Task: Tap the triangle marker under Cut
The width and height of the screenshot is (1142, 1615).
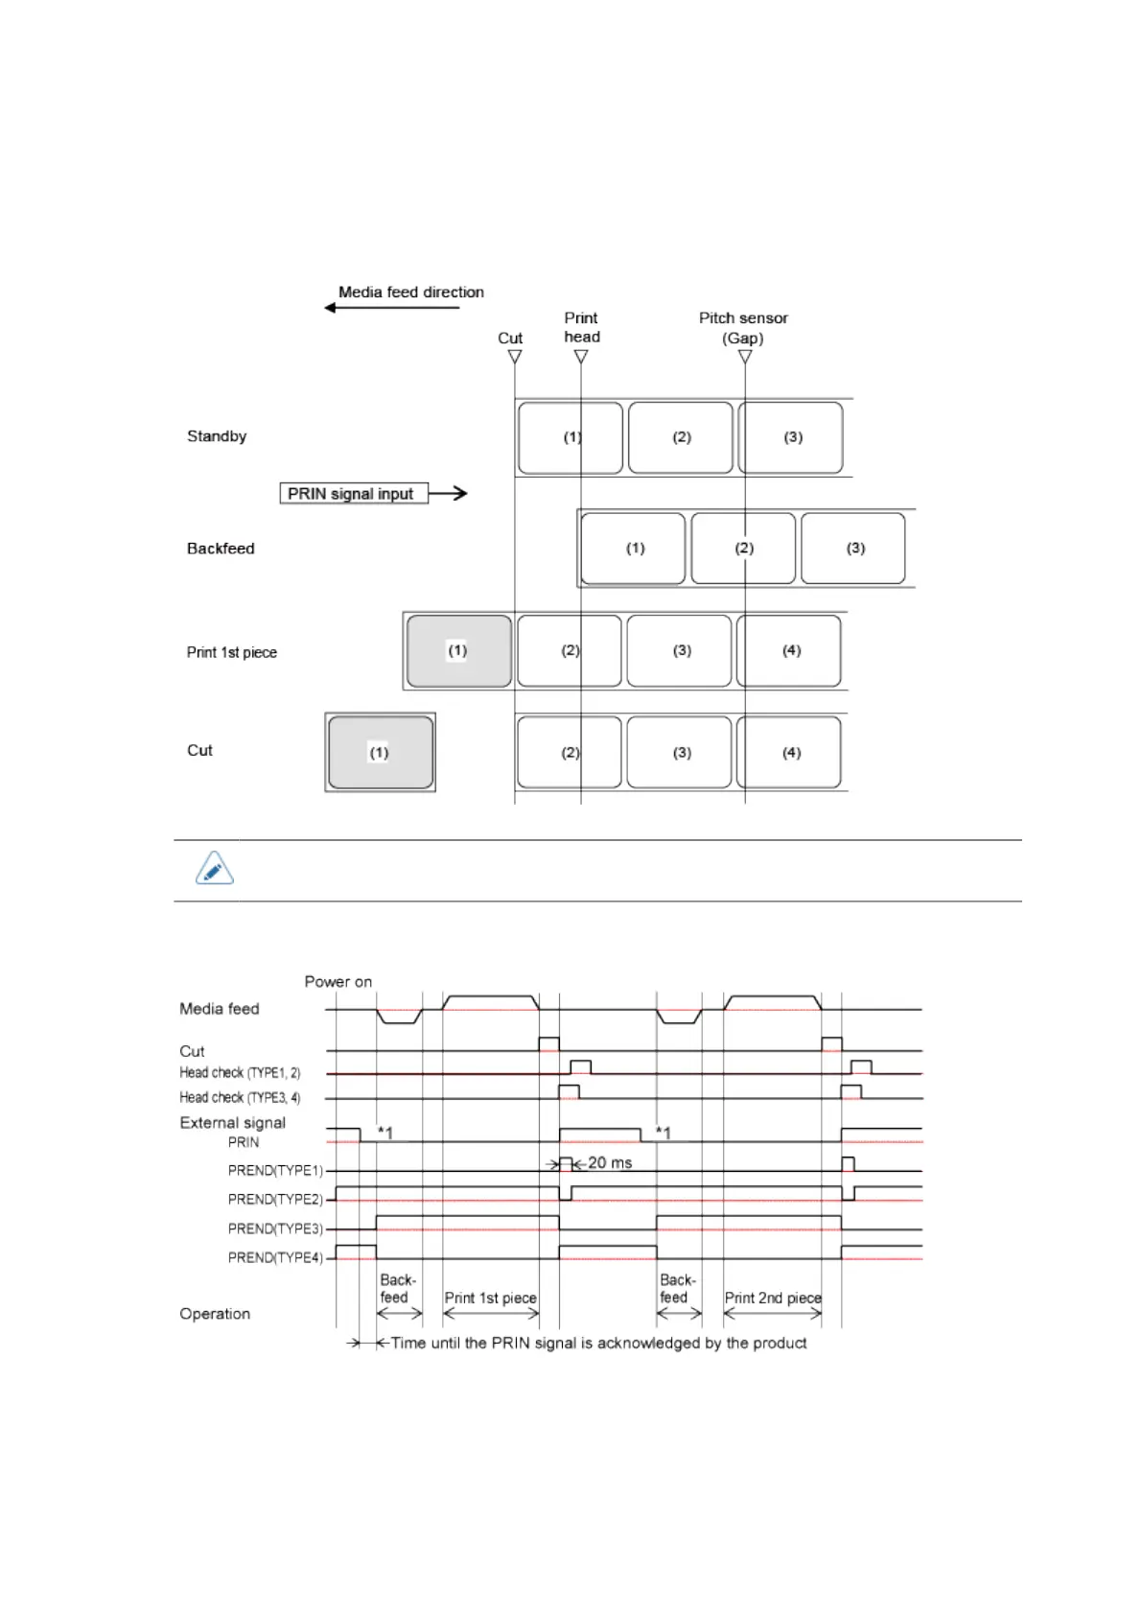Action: click(x=515, y=357)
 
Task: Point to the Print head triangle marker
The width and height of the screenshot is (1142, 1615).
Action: click(x=581, y=357)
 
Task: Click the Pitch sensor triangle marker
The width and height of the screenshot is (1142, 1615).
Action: click(x=745, y=357)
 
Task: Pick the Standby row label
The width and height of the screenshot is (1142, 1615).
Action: click(x=217, y=436)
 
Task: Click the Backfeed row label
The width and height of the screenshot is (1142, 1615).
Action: click(x=221, y=549)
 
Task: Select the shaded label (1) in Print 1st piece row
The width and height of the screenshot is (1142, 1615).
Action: click(x=458, y=651)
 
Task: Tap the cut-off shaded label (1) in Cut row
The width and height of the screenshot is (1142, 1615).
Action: click(x=381, y=753)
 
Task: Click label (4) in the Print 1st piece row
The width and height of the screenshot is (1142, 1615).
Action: click(x=790, y=651)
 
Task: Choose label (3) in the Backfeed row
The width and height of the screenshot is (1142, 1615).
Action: click(x=854, y=549)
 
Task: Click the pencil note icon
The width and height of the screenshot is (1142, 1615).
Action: click(x=214, y=869)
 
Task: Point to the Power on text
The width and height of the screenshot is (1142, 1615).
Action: click(x=338, y=982)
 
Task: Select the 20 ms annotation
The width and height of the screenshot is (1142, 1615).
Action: click(x=610, y=1163)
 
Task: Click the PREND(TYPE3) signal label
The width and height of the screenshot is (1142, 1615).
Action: click(x=275, y=1229)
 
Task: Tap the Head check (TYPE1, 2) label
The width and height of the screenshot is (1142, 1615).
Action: click(x=240, y=1073)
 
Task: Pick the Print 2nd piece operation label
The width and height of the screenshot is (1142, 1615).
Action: click(x=773, y=1299)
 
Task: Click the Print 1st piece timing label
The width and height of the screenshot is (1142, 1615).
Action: click(x=490, y=1299)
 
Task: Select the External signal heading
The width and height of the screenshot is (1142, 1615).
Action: click(x=232, y=1123)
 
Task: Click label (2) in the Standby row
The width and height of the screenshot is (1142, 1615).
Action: click(x=681, y=437)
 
